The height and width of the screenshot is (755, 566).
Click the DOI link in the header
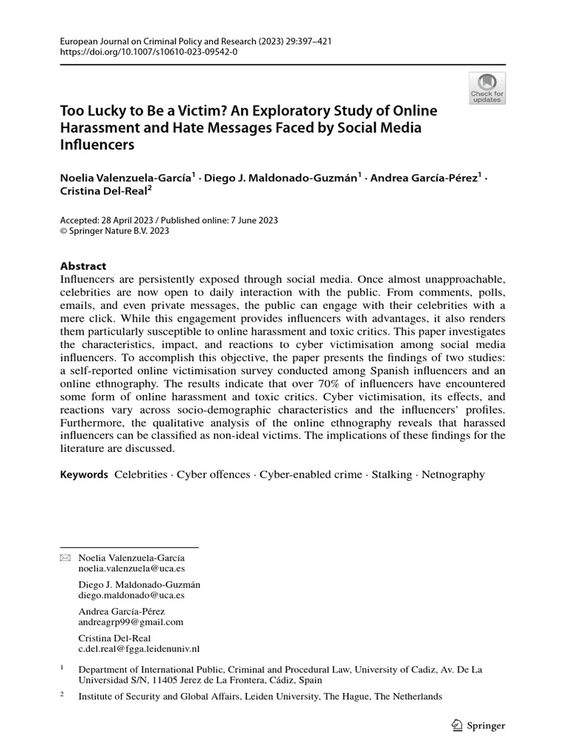[149, 52]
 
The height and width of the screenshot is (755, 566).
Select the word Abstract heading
[83, 265]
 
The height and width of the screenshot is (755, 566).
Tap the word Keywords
[83, 475]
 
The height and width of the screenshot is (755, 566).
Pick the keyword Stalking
[392, 475]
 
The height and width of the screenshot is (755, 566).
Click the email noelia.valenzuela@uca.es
[131, 569]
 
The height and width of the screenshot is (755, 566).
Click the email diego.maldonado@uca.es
[131, 595]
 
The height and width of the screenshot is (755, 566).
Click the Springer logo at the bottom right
[478, 726]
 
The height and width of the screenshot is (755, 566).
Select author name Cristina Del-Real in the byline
[103, 189]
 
